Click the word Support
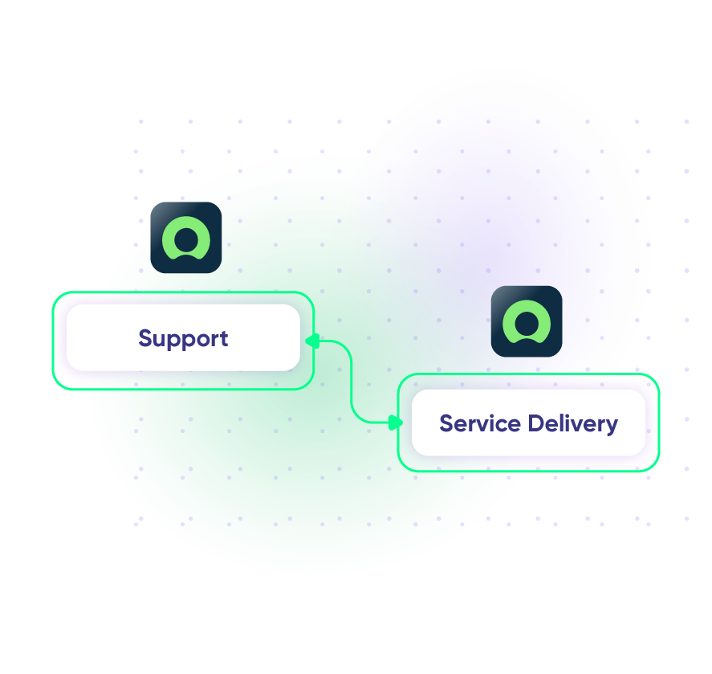(x=183, y=338)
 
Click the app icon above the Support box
(x=186, y=238)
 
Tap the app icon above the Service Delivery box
(x=527, y=321)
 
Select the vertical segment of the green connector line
(x=352, y=382)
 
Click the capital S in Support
(x=145, y=338)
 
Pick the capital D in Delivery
(x=536, y=423)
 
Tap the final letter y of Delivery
(x=612, y=426)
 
